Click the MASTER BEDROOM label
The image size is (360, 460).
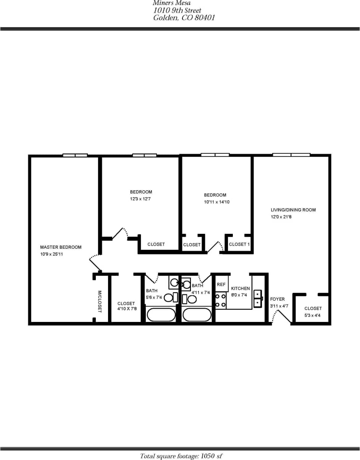(61, 247)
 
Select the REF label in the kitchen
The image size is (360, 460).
(221, 285)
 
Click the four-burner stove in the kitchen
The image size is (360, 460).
(220, 300)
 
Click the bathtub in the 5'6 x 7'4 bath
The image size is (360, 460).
(161, 315)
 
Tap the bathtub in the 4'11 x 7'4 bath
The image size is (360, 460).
(197, 315)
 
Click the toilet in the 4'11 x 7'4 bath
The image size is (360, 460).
(190, 299)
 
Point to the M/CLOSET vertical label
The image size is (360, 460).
(99, 301)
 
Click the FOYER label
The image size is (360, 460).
(277, 299)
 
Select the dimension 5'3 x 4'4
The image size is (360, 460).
(313, 315)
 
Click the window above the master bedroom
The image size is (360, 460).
(75, 155)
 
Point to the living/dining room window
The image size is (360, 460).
(291, 154)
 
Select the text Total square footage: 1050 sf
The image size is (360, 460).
(181, 456)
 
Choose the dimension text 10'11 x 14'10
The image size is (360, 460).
(217, 202)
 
